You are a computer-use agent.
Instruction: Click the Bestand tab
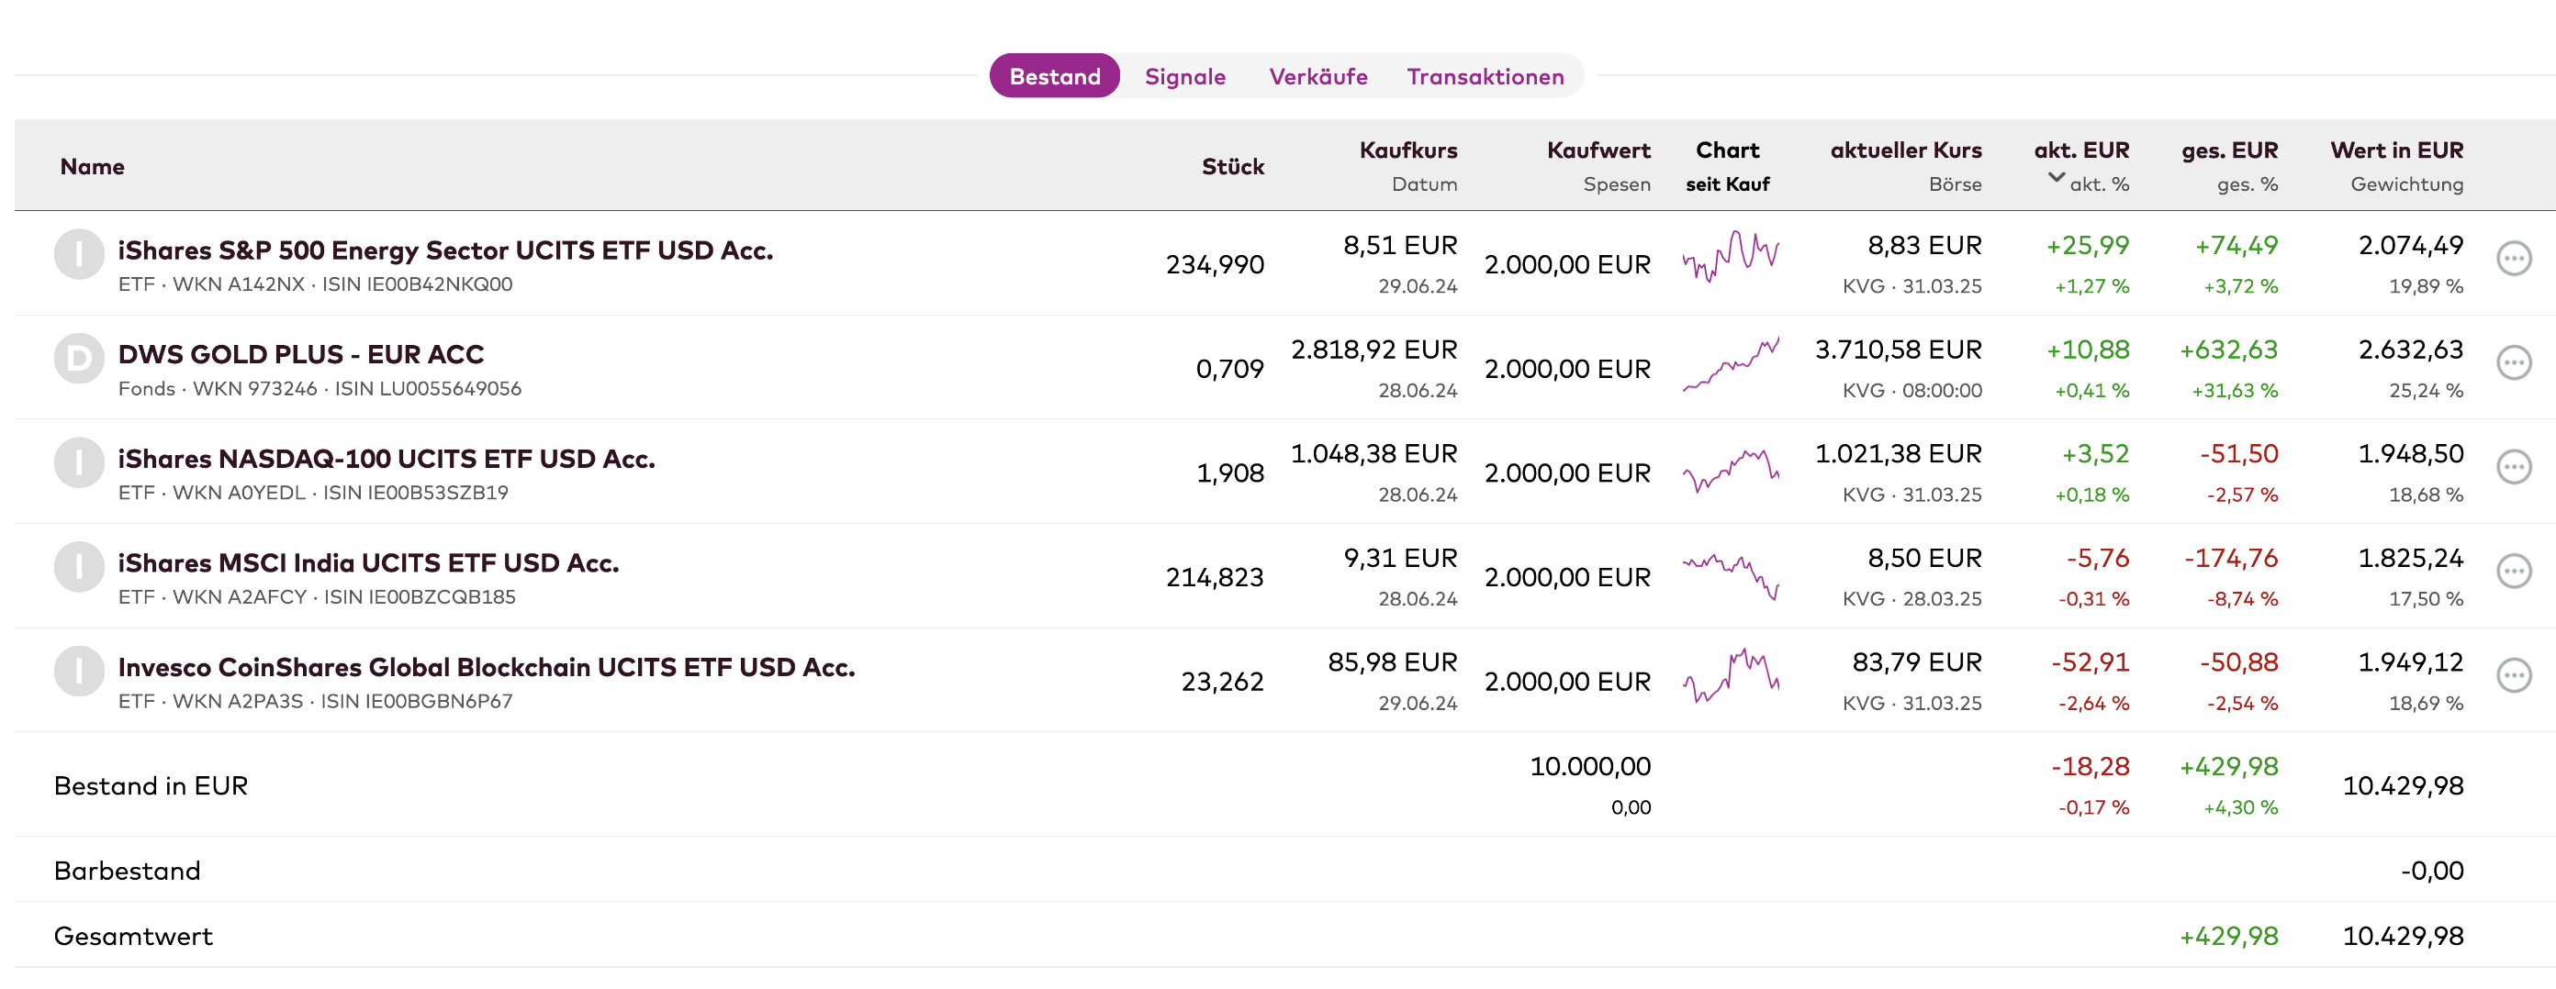click(1055, 76)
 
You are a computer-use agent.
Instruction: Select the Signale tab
click(1184, 76)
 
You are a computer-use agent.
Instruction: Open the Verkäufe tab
click(1317, 76)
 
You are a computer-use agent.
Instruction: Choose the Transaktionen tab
click(1485, 76)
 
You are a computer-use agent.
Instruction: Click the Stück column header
click(1232, 167)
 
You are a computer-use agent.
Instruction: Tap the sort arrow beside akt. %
click(2056, 179)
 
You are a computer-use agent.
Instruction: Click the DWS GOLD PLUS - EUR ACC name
click(300, 354)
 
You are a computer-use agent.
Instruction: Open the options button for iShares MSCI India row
click(2514, 572)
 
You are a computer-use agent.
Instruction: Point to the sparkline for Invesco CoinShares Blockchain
click(1731, 676)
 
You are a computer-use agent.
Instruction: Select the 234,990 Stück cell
click(1215, 265)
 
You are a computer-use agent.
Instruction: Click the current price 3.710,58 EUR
click(1898, 350)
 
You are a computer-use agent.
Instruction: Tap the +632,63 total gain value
click(2228, 350)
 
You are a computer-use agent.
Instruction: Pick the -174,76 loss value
click(2231, 559)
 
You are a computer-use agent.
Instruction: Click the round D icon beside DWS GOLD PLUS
click(78, 358)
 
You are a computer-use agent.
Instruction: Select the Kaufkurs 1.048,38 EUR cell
click(1374, 454)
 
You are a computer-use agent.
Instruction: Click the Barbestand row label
click(127, 871)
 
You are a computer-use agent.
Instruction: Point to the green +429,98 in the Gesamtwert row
click(2228, 937)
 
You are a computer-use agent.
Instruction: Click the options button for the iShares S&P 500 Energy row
click(2514, 259)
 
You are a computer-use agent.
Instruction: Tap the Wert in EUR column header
click(2396, 150)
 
